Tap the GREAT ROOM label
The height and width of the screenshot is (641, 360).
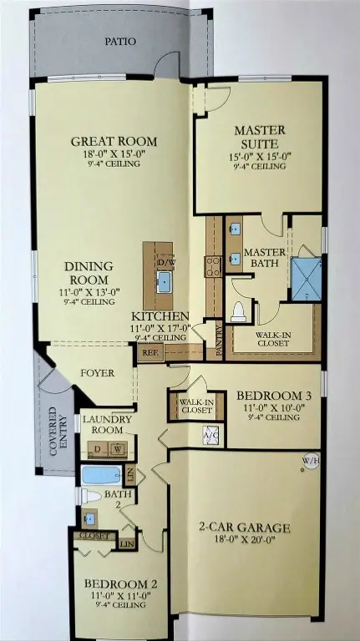tap(114, 142)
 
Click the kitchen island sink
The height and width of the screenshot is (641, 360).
tap(163, 280)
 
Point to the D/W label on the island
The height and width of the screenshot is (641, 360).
tap(164, 262)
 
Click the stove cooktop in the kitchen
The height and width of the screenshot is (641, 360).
tap(213, 265)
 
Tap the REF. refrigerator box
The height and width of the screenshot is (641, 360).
tap(150, 353)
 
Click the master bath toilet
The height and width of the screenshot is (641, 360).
tap(237, 311)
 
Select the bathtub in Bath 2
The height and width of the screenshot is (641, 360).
tap(102, 476)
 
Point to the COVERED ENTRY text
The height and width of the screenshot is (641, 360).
tap(56, 430)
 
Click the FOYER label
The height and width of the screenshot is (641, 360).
tap(97, 373)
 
